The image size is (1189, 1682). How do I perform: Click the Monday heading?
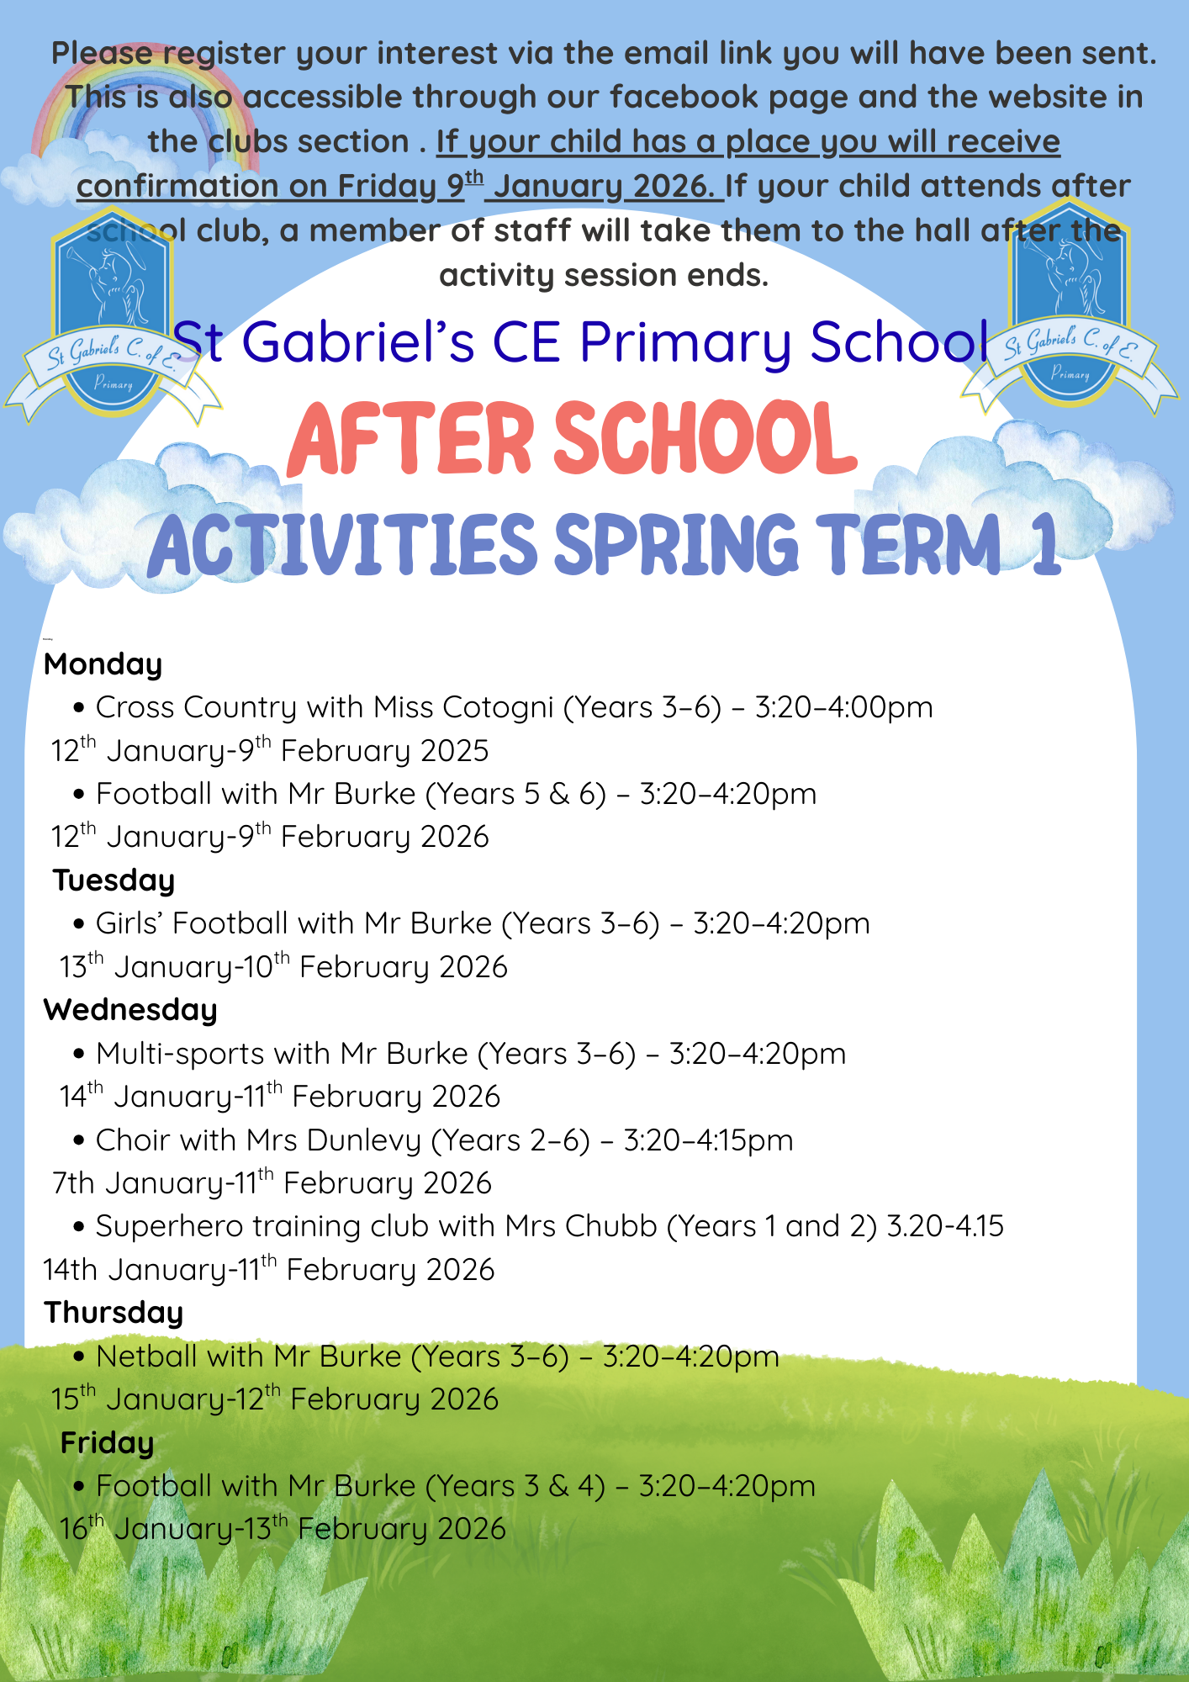(x=103, y=664)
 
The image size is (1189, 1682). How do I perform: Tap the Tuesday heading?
(x=114, y=880)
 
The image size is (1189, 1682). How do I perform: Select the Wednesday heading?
(x=130, y=1009)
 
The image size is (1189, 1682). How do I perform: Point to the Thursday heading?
(x=114, y=1312)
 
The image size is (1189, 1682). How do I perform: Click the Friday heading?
(x=107, y=1442)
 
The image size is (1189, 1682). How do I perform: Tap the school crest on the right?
(x=1070, y=307)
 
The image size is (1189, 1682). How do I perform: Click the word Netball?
(x=151, y=1357)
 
